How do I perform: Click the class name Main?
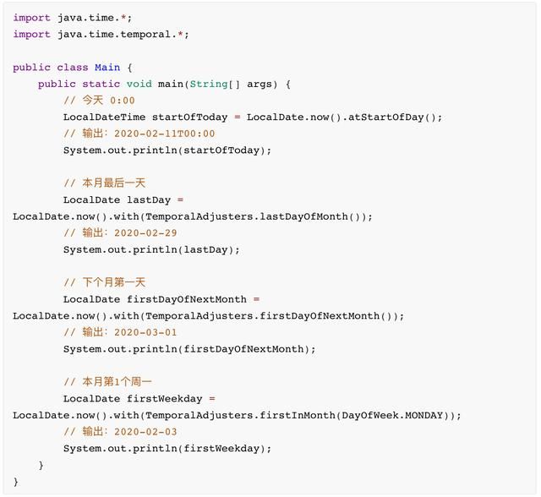[107, 68]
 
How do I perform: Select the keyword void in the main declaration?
[139, 84]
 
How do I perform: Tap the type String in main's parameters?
[209, 84]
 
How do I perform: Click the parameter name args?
[260, 85]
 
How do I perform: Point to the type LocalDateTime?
[104, 117]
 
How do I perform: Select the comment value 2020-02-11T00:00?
[165, 134]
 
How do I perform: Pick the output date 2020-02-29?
[145, 232]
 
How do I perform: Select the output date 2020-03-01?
[145, 332]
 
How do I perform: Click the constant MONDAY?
[424, 415]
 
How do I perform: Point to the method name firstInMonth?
[298, 415]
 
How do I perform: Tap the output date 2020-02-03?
[145, 431]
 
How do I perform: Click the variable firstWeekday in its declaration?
[165, 399]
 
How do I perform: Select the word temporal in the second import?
[145, 35]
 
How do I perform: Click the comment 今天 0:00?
[99, 101]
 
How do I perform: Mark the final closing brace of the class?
[16, 482]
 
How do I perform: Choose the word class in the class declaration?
[73, 68]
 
